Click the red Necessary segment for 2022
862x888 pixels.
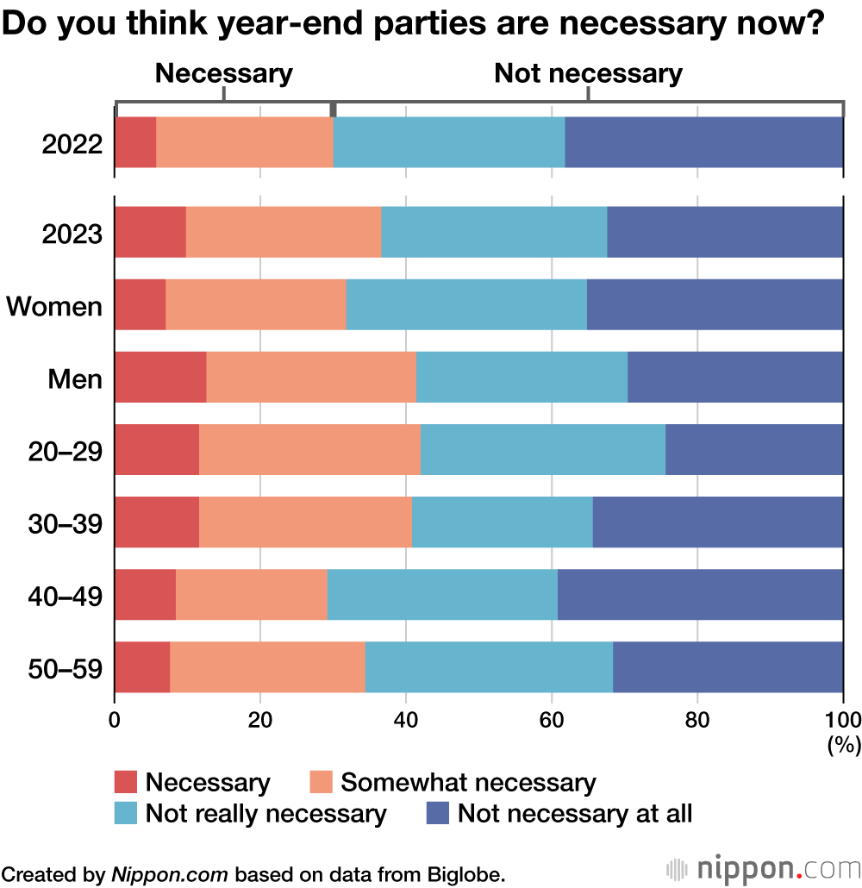135,143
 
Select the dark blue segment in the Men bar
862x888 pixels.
735,377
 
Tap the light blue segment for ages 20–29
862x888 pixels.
543,449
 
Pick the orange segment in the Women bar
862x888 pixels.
255,304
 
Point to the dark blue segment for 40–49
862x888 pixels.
700,594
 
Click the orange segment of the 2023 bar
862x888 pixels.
284,232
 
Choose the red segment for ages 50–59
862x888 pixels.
142,666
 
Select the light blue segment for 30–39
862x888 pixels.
502,522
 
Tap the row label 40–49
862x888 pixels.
66,595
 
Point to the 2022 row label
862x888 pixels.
72,144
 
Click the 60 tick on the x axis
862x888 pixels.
552,719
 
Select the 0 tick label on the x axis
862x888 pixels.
115,719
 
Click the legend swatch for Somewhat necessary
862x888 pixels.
321,783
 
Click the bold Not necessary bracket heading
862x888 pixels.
588,74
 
